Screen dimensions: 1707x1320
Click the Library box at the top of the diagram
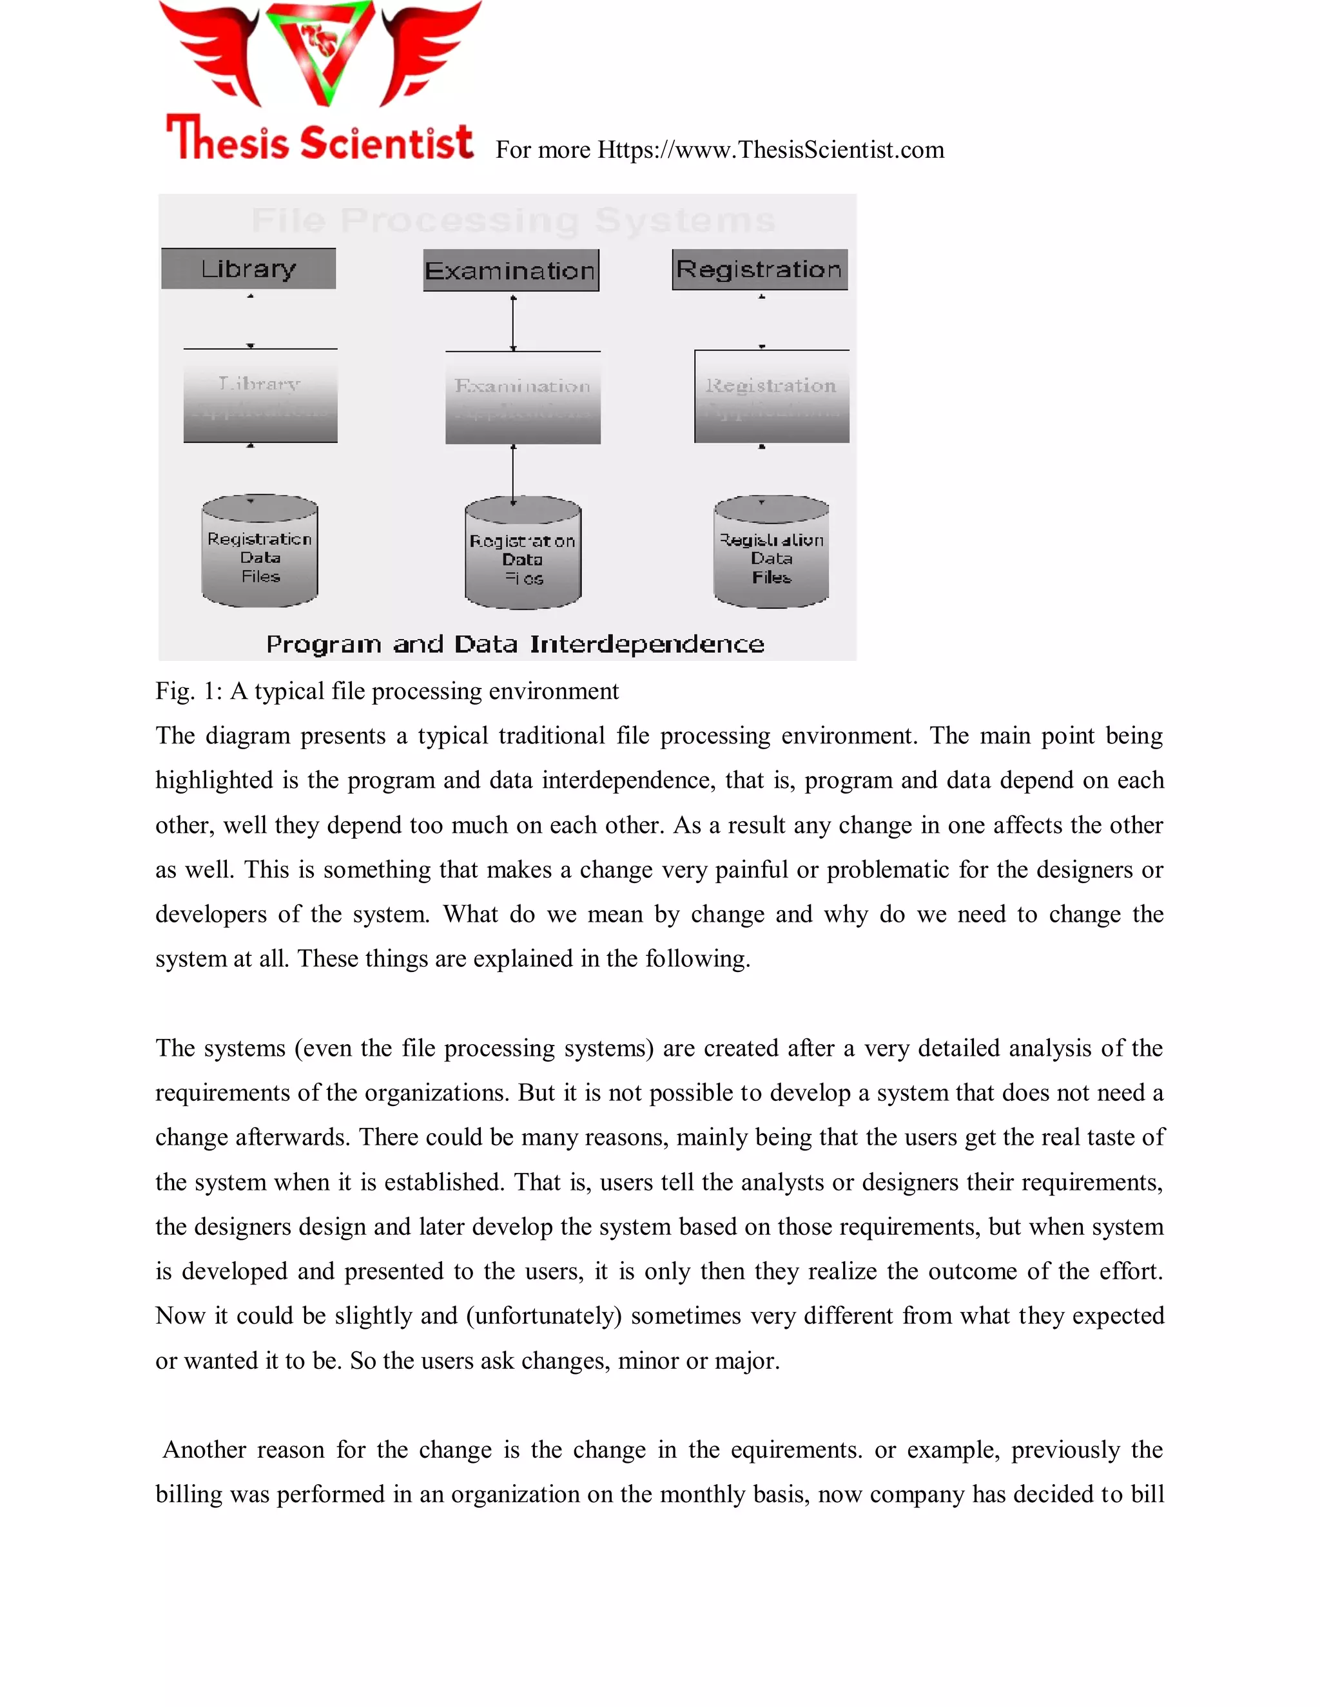click(x=249, y=269)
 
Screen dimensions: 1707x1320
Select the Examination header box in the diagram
click(x=510, y=271)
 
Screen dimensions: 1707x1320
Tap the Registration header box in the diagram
click(x=759, y=270)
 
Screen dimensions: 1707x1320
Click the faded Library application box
click(x=260, y=396)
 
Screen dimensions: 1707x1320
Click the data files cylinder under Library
click(x=260, y=551)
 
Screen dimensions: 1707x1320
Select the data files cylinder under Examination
click(x=522, y=553)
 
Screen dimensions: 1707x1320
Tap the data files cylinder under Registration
click(x=771, y=552)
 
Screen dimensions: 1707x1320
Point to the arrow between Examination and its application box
click(x=513, y=322)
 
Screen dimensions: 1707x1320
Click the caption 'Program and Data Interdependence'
click(x=514, y=644)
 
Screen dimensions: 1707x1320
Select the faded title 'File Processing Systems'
click(x=513, y=220)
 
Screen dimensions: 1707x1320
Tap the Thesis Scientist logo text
click(x=319, y=140)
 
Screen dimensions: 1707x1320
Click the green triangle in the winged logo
click(x=320, y=52)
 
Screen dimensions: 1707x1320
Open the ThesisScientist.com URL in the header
click(x=770, y=149)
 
